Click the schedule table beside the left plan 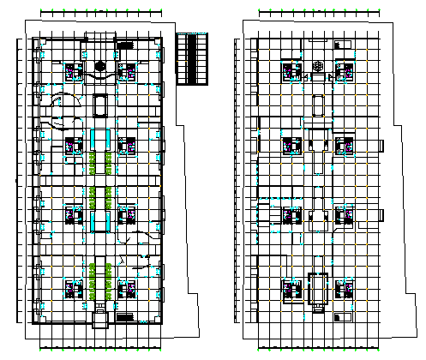pyautogui.click(x=193, y=58)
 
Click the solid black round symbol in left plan pyautogui.click(x=100, y=66)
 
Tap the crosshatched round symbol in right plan pyautogui.click(x=318, y=66)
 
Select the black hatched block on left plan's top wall pyautogui.click(x=125, y=45)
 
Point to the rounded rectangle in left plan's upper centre pyautogui.click(x=100, y=105)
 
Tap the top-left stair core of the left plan pyautogui.click(x=72, y=69)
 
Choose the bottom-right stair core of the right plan pyautogui.click(x=345, y=289)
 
